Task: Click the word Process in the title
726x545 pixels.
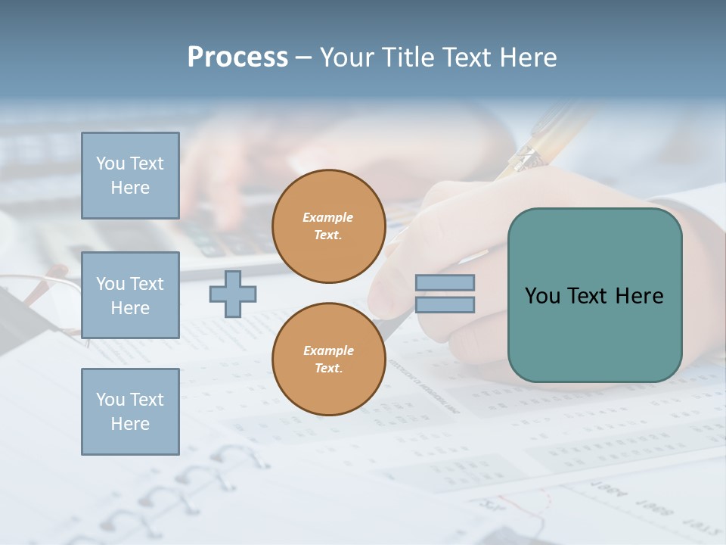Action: pyautogui.click(x=237, y=58)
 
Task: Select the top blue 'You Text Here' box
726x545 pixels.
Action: pyautogui.click(x=130, y=176)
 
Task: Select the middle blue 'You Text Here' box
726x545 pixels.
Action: pyautogui.click(x=130, y=295)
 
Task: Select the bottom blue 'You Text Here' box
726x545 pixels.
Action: pyautogui.click(x=130, y=412)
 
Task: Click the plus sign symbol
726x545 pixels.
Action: pyautogui.click(x=233, y=294)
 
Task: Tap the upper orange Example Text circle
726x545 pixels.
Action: pyautogui.click(x=328, y=226)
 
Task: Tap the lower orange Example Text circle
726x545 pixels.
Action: pyautogui.click(x=328, y=359)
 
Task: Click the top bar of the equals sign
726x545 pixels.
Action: pyautogui.click(x=445, y=283)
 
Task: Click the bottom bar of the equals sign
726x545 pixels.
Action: pyautogui.click(x=445, y=304)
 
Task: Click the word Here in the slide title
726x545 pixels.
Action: pyautogui.click(x=529, y=58)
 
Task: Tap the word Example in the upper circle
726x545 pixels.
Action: pyautogui.click(x=328, y=218)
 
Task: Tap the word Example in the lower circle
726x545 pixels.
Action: pyautogui.click(x=328, y=350)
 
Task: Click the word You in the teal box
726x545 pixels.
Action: pyautogui.click(x=542, y=296)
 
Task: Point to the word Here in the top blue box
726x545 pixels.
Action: pyautogui.click(x=130, y=188)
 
